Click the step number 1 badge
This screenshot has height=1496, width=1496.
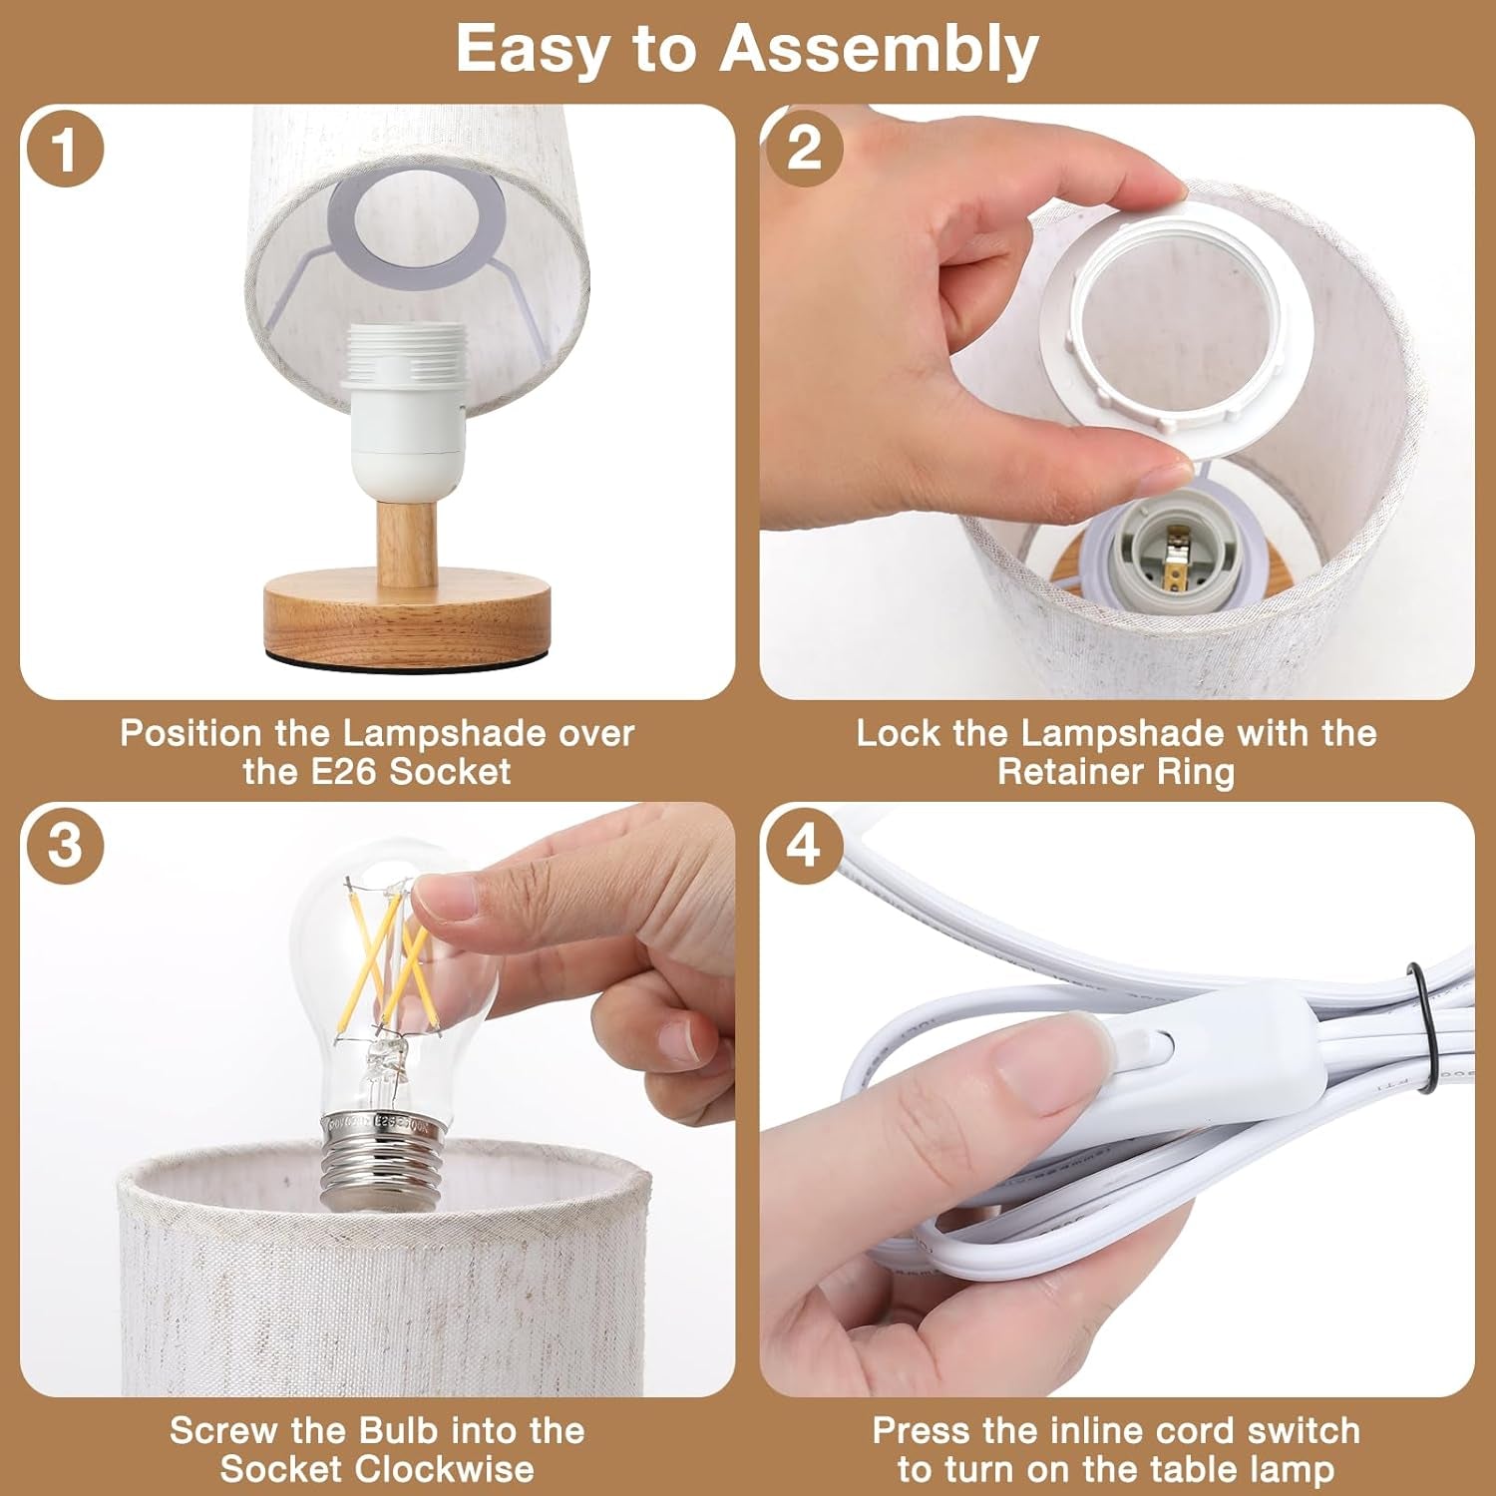coord(65,150)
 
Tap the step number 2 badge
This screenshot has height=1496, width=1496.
coord(804,150)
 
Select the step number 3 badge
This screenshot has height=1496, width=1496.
coord(65,846)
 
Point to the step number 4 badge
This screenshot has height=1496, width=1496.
coord(804,846)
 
